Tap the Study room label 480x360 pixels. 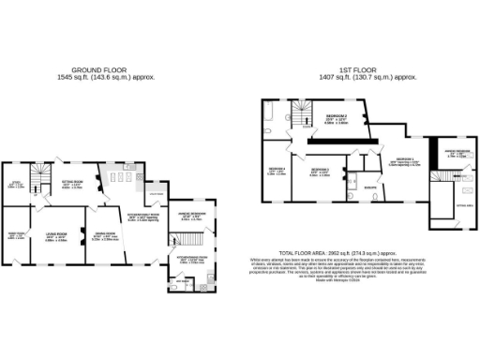(x=15, y=185)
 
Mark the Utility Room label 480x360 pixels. (x=156, y=195)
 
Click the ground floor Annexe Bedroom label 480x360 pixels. (x=190, y=217)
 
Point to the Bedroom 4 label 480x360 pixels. (x=277, y=172)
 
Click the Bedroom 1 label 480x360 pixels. (x=404, y=161)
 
